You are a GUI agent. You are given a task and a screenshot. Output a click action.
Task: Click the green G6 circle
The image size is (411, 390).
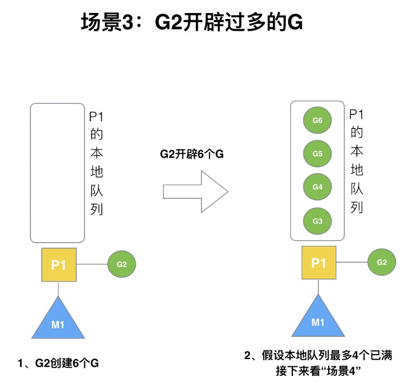point(318,121)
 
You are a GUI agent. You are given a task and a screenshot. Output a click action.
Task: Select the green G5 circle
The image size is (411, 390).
point(318,154)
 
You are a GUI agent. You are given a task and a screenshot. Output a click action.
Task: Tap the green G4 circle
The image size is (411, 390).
point(318,187)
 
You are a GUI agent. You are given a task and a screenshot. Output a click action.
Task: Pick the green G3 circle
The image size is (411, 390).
point(318,220)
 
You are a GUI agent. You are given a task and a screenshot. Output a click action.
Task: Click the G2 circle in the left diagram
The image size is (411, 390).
point(121,264)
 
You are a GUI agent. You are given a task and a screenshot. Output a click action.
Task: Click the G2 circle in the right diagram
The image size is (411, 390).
point(381,262)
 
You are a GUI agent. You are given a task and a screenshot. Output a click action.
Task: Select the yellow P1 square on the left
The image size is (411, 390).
point(58,265)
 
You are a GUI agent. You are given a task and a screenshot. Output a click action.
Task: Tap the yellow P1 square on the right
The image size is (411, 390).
point(318,263)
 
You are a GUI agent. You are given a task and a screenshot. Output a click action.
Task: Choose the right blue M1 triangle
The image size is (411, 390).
point(318,319)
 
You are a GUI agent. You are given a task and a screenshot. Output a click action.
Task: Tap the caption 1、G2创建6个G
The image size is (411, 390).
point(58,363)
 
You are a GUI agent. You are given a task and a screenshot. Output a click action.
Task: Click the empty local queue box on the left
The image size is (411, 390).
point(57,172)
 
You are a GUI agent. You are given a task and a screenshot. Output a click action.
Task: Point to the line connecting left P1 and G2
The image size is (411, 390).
point(92,264)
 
